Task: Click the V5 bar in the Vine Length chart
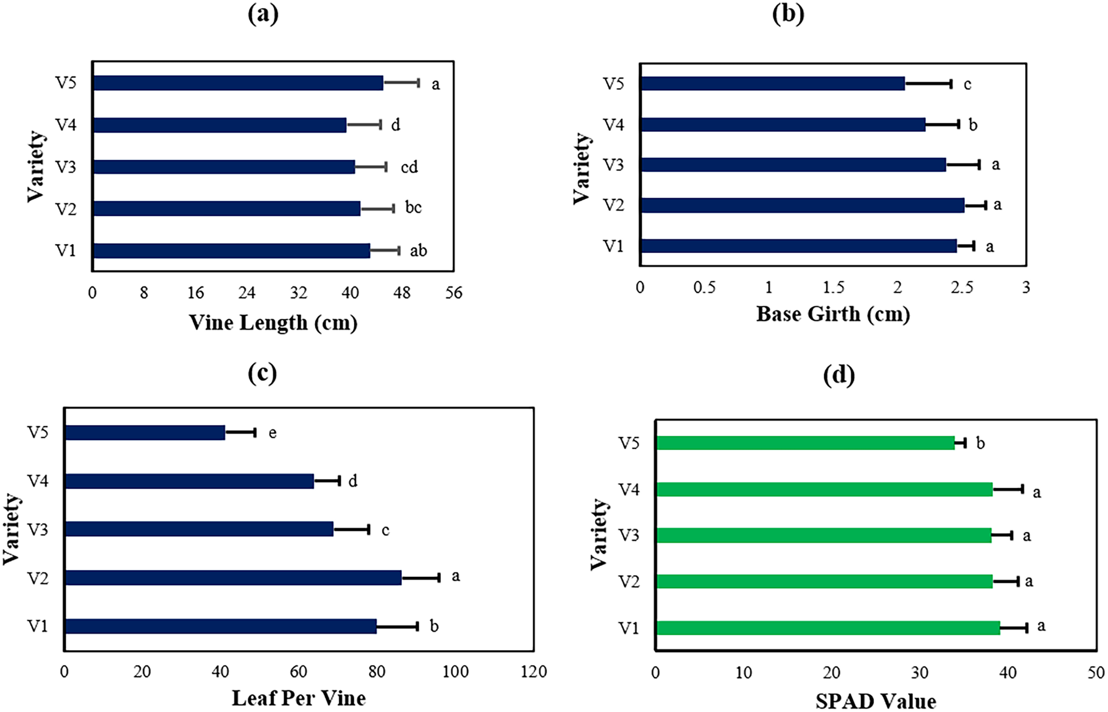238,83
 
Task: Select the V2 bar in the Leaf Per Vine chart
233,578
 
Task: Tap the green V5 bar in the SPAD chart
805,443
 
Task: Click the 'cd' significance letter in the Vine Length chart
409,167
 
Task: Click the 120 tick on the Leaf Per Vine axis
534,671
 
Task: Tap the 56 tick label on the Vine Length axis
454,293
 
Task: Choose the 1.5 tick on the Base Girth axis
833,287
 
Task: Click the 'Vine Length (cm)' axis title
273,323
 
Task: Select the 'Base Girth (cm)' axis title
833,315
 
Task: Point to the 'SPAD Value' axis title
876,702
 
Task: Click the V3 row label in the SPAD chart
629,535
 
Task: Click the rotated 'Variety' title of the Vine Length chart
35,167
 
